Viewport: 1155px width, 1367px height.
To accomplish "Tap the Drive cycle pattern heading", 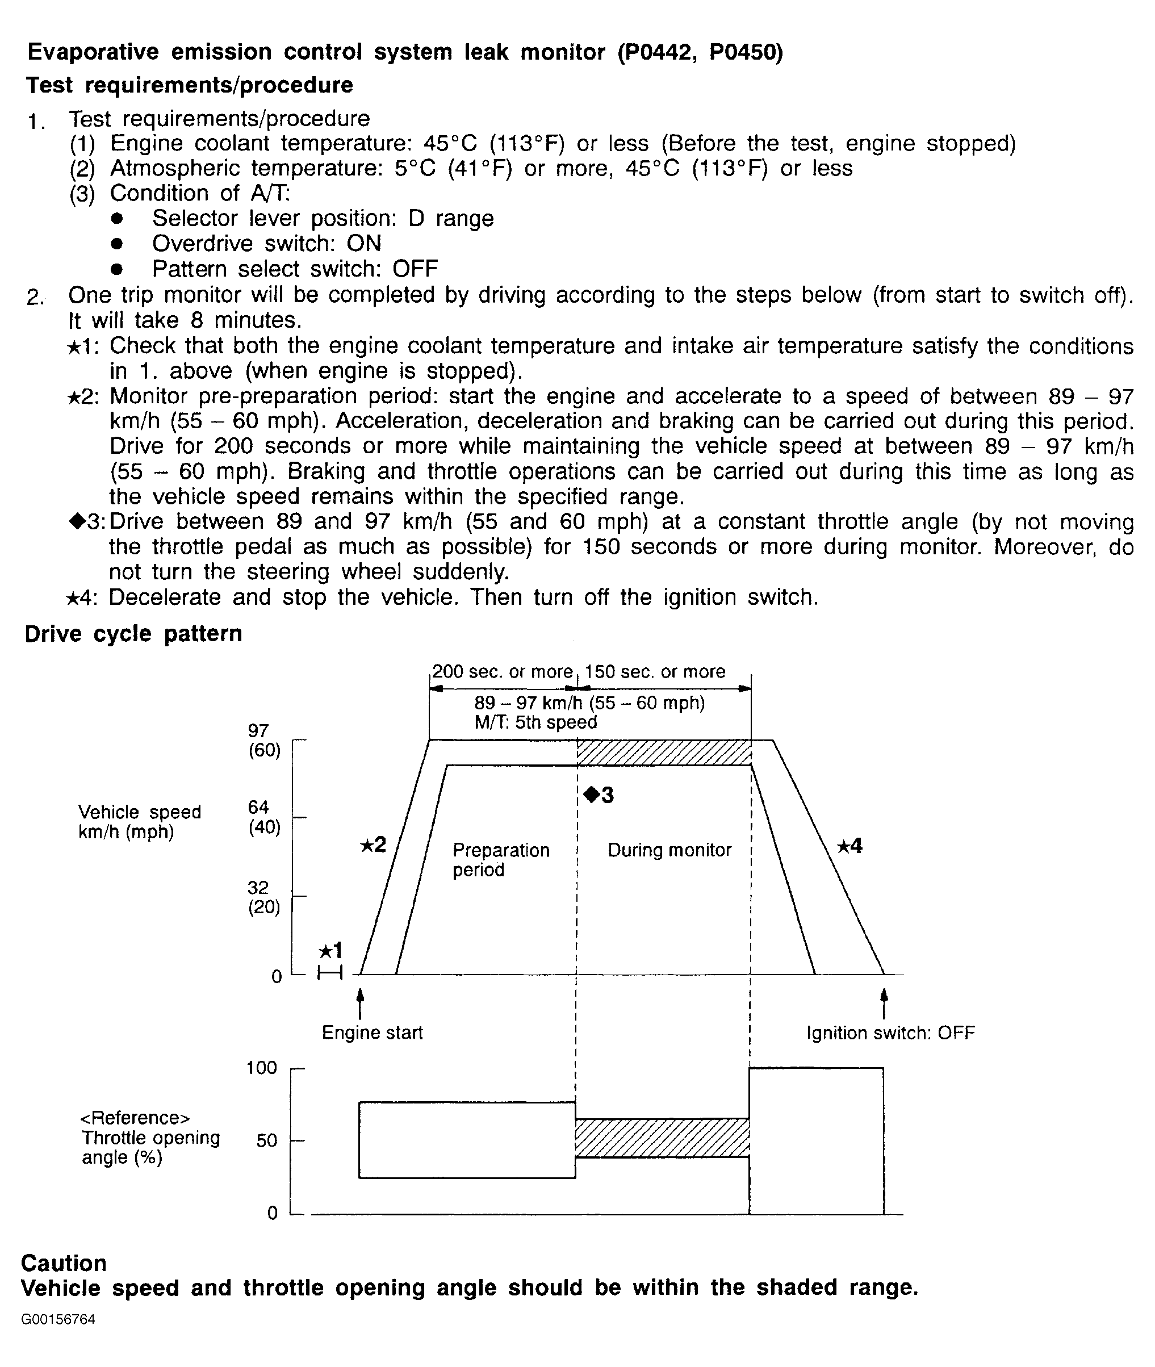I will (x=133, y=634).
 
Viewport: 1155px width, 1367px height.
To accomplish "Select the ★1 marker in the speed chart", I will (x=330, y=950).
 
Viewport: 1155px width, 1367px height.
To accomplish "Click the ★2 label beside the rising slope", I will (x=373, y=845).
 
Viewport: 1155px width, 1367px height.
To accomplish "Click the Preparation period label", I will (x=501, y=860).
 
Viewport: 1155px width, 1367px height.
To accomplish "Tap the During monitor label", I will (x=669, y=850).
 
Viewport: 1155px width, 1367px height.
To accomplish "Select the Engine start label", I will (x=372, y=1032).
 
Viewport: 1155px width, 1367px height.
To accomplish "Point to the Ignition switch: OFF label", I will (x=890, y=1033).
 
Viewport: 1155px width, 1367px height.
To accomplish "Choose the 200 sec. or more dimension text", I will (x=502, y=672).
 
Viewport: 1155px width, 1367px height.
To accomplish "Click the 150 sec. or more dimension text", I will (x=655, y=672).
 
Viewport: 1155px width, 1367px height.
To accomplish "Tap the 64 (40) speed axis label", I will (x=264, y=817).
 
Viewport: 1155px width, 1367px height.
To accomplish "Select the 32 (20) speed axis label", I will (x=264, y=897).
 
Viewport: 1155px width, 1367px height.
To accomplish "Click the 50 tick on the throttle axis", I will (x=267, y=1140).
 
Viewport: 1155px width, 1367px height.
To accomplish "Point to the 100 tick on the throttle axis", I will (x=262, y=1068).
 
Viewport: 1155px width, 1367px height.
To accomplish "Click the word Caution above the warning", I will (x=64, y=1263).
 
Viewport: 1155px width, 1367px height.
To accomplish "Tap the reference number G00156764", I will (x=58, y=1319).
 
